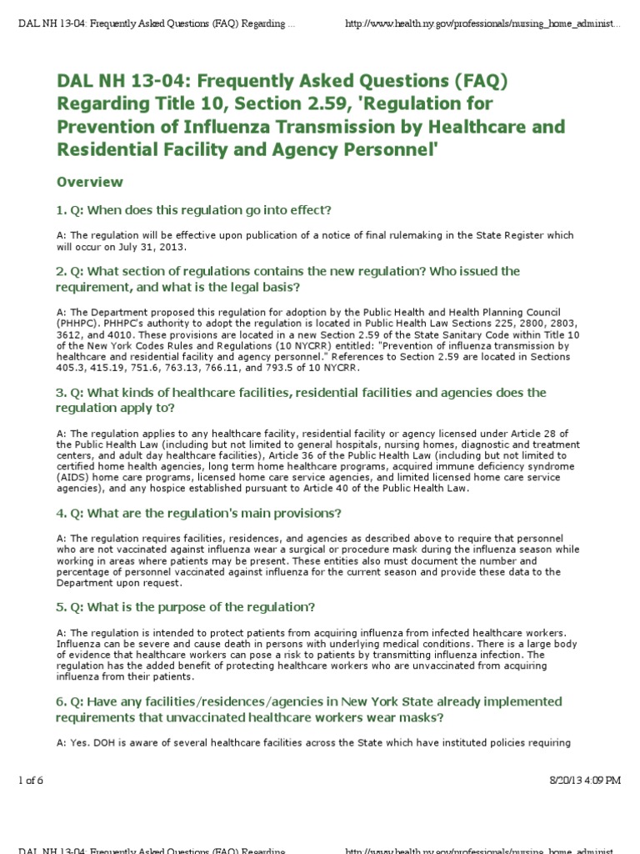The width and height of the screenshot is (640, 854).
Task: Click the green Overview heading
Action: point(89,182)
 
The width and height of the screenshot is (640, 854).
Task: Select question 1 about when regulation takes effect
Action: point(194,209)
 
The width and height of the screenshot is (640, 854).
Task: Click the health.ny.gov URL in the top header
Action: point(482,25)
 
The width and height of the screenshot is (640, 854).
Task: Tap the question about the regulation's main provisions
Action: point(199,513)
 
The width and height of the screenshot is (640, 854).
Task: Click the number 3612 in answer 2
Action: point(69,334)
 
